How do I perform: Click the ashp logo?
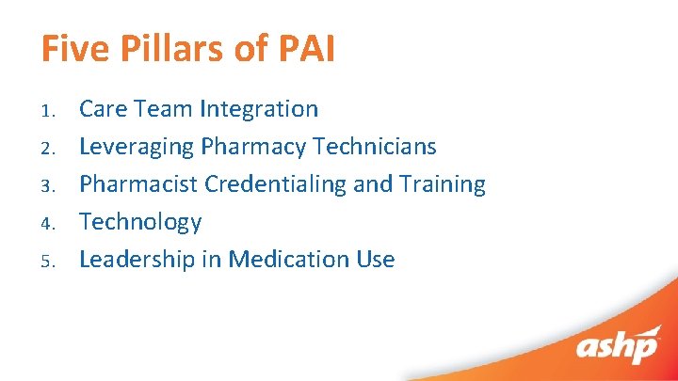tap(618, 346)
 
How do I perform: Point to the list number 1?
tap(50, 111)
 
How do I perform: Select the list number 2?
tap(50, 149)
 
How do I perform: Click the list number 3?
tap(50, 186)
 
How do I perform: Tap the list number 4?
tap(50, 224)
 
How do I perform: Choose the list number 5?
tap(50, 262)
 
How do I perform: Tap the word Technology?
tap(140, 222)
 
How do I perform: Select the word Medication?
tap(282, 260)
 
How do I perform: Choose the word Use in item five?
tap(375, 260)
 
